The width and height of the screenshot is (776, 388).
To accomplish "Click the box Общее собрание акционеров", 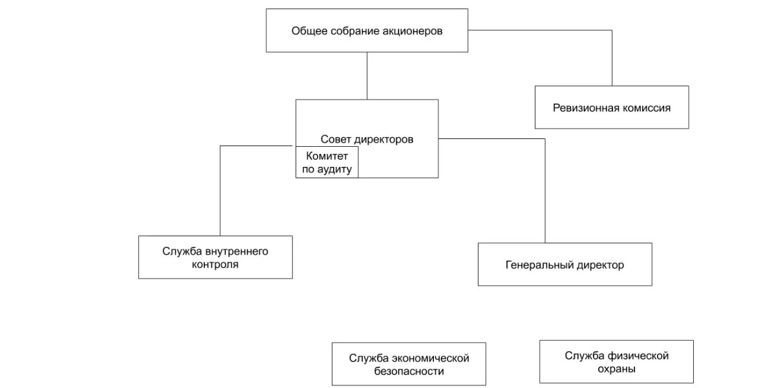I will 367,30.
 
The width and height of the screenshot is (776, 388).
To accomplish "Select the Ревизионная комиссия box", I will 611,107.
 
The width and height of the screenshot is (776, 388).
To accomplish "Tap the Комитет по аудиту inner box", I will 327,162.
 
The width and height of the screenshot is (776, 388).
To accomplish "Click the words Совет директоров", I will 367,139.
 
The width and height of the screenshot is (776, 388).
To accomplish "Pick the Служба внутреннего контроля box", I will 215,257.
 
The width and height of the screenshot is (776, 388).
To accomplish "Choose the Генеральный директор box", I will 565,264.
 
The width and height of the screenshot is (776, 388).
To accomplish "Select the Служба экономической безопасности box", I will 409,364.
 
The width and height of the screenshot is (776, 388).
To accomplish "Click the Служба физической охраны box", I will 616,362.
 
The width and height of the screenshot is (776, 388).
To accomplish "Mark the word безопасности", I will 409,371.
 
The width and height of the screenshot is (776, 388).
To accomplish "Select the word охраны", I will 616,369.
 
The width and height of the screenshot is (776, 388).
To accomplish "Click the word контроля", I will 215,264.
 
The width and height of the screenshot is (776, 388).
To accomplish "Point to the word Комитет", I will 327,156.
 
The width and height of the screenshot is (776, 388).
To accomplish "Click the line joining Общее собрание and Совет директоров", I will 367,76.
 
